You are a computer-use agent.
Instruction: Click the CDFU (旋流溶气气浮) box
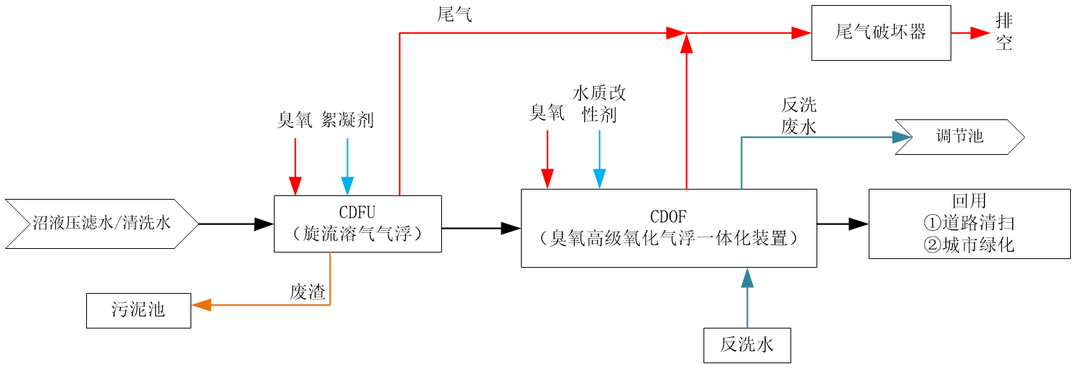click(x=358, y=224)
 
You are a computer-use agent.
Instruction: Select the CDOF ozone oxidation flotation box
click(x=669, y=228)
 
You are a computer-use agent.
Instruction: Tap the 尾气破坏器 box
click(x=881, y=33)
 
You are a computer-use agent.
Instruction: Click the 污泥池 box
click(x=138, y=310)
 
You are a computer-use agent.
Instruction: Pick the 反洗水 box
click(x=747, y=345)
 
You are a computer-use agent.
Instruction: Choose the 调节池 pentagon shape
click(x=959, y=135)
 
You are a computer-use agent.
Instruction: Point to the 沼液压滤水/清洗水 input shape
click(x=101, y=224)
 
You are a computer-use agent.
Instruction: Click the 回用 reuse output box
click(x=969, y=224)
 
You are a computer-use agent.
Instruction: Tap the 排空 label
click(x=1003, y=32)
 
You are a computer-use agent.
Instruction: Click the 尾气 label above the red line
click(x=454, y=15)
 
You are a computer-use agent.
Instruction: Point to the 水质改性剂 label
click(x=599, y=103)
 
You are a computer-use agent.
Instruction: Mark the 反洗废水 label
click(x=799, y=115)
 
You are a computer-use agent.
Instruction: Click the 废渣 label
click(x=307, y=292)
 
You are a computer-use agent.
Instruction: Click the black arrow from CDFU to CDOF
click(x=481, y=228)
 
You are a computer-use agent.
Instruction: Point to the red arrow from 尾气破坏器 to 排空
click(x=970, y=33)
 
